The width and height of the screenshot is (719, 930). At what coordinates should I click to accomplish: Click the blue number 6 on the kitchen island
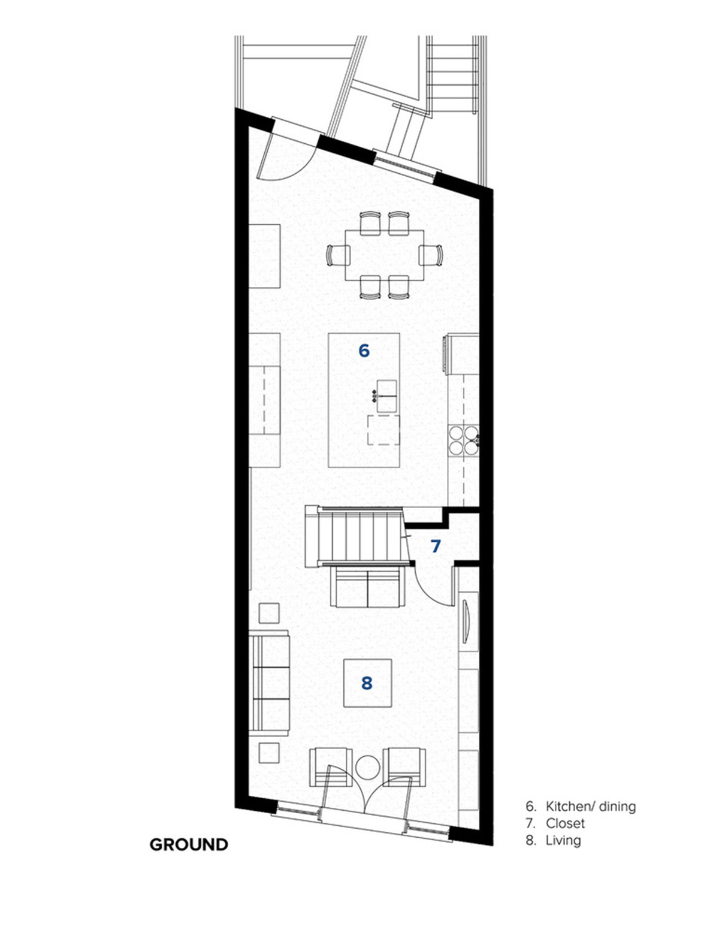(x=364, y=351)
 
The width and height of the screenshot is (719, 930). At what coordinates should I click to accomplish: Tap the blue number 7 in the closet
(x=436, y=546)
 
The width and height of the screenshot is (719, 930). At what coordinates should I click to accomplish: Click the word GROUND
(x=189, y=844)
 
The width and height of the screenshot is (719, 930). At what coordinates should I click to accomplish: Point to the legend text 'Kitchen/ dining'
(x=591, y=807)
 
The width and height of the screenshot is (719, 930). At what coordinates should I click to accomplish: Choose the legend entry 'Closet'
(x=565, y=823)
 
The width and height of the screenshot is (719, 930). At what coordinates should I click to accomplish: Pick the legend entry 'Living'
(x=563, y=840)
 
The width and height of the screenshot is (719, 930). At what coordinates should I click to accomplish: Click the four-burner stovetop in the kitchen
(x=463, y=440)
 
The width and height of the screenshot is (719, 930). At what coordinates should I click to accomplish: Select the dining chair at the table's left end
(x=337, y=255)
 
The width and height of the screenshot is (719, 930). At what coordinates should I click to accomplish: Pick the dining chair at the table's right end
(x=431, y=255)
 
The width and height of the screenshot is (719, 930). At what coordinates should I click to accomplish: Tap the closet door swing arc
(x=430, y=593)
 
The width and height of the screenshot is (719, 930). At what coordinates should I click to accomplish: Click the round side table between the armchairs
(x=367, y=768)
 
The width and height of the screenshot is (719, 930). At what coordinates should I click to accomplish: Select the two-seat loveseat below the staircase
(x=368, y=586)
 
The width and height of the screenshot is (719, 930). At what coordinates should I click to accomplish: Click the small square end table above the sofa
(x=269, y=613)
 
